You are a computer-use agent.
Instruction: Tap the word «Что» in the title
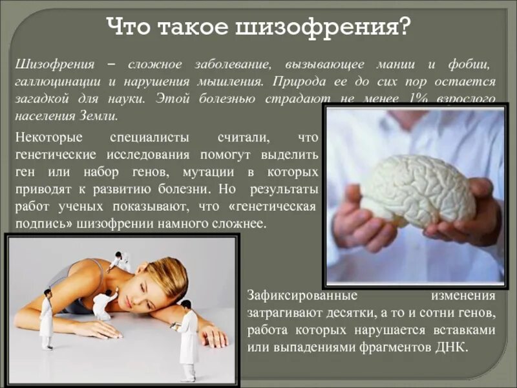click(129, 27)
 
